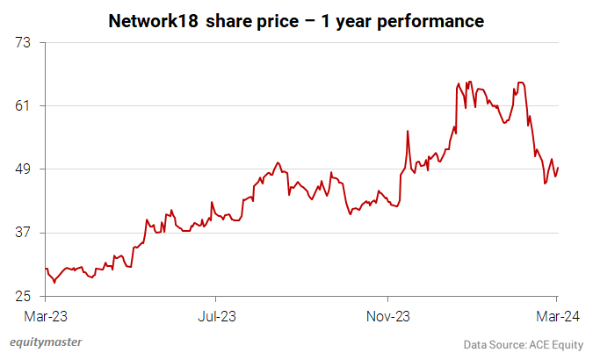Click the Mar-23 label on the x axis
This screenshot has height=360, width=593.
(45, 313)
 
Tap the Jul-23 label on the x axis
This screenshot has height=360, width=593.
(216, 313)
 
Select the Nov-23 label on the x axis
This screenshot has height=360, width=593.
(387, 313)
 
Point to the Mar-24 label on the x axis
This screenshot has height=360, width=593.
(558, 313)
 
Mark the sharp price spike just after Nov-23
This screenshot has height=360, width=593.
(409, 131)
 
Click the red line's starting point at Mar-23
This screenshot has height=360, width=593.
(45, 269)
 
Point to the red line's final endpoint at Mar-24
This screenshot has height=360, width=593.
(558, 168)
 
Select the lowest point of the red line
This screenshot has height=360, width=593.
(54, 282)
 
